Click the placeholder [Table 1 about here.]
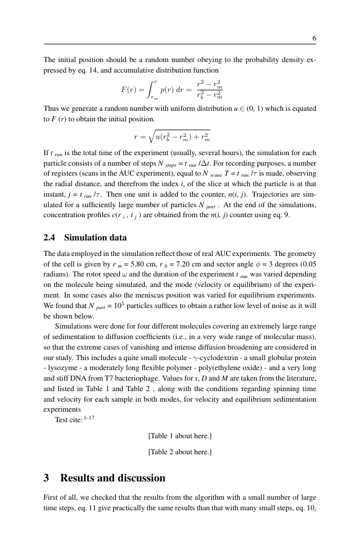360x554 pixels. tap(180, 436)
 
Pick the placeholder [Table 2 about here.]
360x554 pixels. tap(180, 452)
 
